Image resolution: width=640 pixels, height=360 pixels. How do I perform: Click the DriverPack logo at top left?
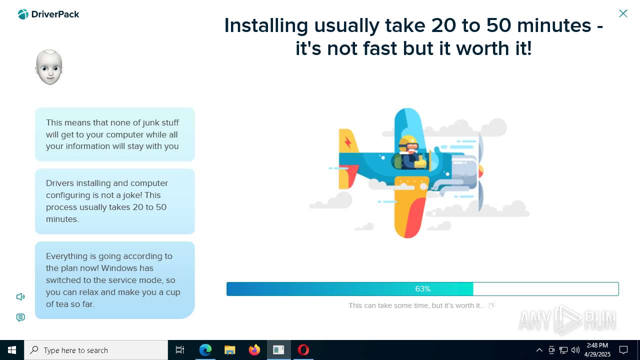tap(48, 14)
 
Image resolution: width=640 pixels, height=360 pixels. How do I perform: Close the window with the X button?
tap(623, 13)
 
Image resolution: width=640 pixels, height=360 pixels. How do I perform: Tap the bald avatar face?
tap(49, 67)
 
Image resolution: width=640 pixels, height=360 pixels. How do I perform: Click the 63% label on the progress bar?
tap(422, 289)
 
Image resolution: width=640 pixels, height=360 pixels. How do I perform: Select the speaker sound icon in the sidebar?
tap(20, 297)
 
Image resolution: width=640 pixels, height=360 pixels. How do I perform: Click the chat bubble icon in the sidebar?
tap(20, 318)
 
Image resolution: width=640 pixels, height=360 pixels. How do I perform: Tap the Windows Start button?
tap(12, 350)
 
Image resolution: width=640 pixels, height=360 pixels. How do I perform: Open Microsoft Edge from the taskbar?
tap(205, 350)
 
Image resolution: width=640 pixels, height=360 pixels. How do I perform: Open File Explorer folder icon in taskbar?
tap(230, 350)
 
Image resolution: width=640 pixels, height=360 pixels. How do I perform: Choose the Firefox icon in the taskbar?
tap(254, 350)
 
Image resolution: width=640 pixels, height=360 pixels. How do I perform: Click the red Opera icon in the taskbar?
tap(303, 350)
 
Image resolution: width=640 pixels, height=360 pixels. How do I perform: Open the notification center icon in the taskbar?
tap(623, 350)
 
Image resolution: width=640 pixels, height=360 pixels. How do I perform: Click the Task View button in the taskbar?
tap(180, 350)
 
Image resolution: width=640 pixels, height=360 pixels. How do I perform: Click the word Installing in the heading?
tap(266, 25)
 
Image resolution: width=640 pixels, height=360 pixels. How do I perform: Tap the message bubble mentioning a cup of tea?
tap(114, 280)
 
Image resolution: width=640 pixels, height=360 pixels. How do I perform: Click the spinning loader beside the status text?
tap(491, 305)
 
